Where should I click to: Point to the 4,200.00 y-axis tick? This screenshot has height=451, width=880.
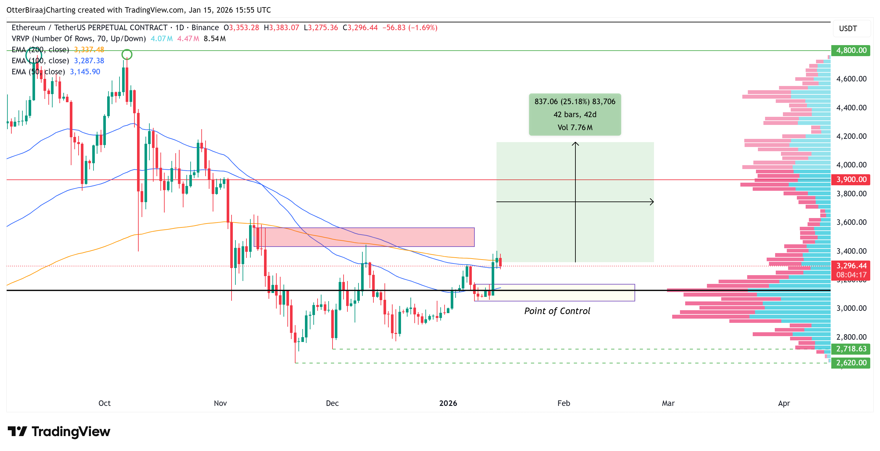point(851,136)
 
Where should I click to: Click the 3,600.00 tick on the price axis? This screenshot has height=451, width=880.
point(851,222)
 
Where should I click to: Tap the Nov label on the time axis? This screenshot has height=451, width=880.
point(220,403)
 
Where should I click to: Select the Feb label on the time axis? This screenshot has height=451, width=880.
point(564,403)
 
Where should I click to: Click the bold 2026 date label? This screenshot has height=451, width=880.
point(448,403)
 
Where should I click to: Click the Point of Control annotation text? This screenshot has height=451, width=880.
point(557,311)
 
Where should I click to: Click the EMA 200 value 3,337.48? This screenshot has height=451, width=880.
point(89,50)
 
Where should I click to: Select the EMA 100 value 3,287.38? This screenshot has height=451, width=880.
point(89,61)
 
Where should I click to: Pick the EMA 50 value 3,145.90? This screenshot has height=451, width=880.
point(85,72)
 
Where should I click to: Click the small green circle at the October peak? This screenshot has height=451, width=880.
point(127,54)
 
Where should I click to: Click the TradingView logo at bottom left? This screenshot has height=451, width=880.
point(59,432)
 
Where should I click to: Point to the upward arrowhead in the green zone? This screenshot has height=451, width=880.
point(575,144)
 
